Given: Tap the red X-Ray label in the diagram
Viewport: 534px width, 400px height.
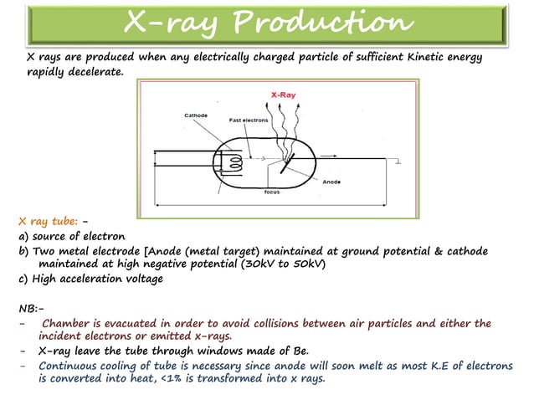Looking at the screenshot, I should click(284, 95).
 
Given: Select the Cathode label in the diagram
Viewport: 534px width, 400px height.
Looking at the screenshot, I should click(196, 115).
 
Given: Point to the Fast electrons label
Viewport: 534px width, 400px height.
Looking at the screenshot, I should click(249, 120).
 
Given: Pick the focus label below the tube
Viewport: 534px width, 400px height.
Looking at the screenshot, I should click(271, 191).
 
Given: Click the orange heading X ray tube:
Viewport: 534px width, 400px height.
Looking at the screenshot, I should click(49, 222).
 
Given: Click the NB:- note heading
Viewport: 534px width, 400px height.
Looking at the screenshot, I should click(30, 306).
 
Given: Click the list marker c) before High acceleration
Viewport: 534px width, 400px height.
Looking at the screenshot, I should click(24, 279).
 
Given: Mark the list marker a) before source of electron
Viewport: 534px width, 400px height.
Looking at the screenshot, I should click(24, 237).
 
